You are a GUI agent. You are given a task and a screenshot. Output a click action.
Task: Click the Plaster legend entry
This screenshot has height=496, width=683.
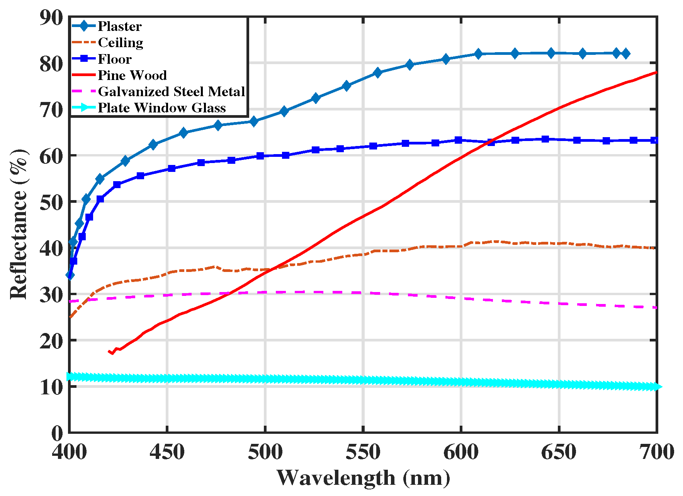tap(119, 26)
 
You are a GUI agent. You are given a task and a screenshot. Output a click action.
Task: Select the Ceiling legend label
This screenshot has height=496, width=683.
tap(121, 42)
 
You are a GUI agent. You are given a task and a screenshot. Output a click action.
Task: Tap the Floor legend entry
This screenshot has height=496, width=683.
tap(115, 59)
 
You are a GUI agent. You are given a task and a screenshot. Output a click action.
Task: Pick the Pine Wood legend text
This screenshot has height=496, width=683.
tap(132, 75)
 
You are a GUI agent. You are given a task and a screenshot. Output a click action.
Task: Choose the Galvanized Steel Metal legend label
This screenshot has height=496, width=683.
tap(172, 92)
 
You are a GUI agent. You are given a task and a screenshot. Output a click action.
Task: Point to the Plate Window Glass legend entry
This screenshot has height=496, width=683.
tap(161, 108)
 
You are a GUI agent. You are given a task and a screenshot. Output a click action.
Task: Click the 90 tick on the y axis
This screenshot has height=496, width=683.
tap(51, 17)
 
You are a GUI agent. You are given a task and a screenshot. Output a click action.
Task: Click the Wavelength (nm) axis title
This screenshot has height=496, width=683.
tap(363, 478)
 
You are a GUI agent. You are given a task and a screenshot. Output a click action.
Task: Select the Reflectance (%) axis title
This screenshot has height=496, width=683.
tap(19, 224)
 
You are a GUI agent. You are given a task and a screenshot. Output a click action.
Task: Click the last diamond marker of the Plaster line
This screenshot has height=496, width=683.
tap(626, 54)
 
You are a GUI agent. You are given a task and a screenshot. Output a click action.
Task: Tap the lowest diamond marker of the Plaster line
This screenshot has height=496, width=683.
tap(70, 275)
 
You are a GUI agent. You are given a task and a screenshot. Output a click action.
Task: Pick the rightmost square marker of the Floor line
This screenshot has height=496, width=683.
tap(654, 140)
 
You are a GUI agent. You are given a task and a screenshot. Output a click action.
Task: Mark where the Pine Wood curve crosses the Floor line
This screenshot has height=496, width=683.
tap(491, 141)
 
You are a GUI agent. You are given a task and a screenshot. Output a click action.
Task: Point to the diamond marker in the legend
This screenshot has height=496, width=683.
tap(83, 26)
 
